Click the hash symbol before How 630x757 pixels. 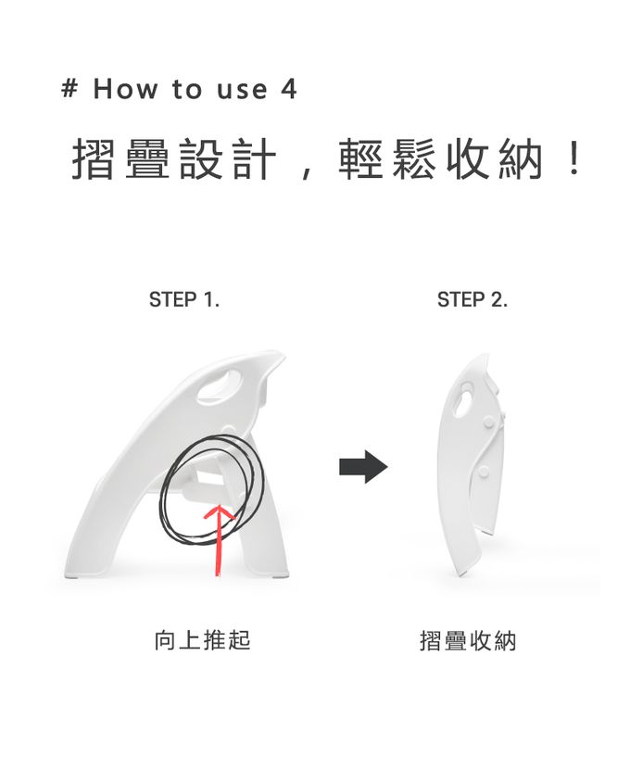click(x=69, y=90)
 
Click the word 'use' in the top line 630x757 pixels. click(x=241, y=90)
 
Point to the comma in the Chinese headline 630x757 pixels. click(x=308, y=172)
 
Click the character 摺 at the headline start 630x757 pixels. click(x=95, y=160)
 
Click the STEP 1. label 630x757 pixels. click(x=184, y=300)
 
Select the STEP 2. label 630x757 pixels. click(x=472, y=300)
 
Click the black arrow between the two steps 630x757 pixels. click(x=362, y=467)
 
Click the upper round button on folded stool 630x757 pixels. click(x=487, y=423)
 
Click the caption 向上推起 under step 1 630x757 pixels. click(x=202, y=640)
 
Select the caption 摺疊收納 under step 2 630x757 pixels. click(x=468, y=640)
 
